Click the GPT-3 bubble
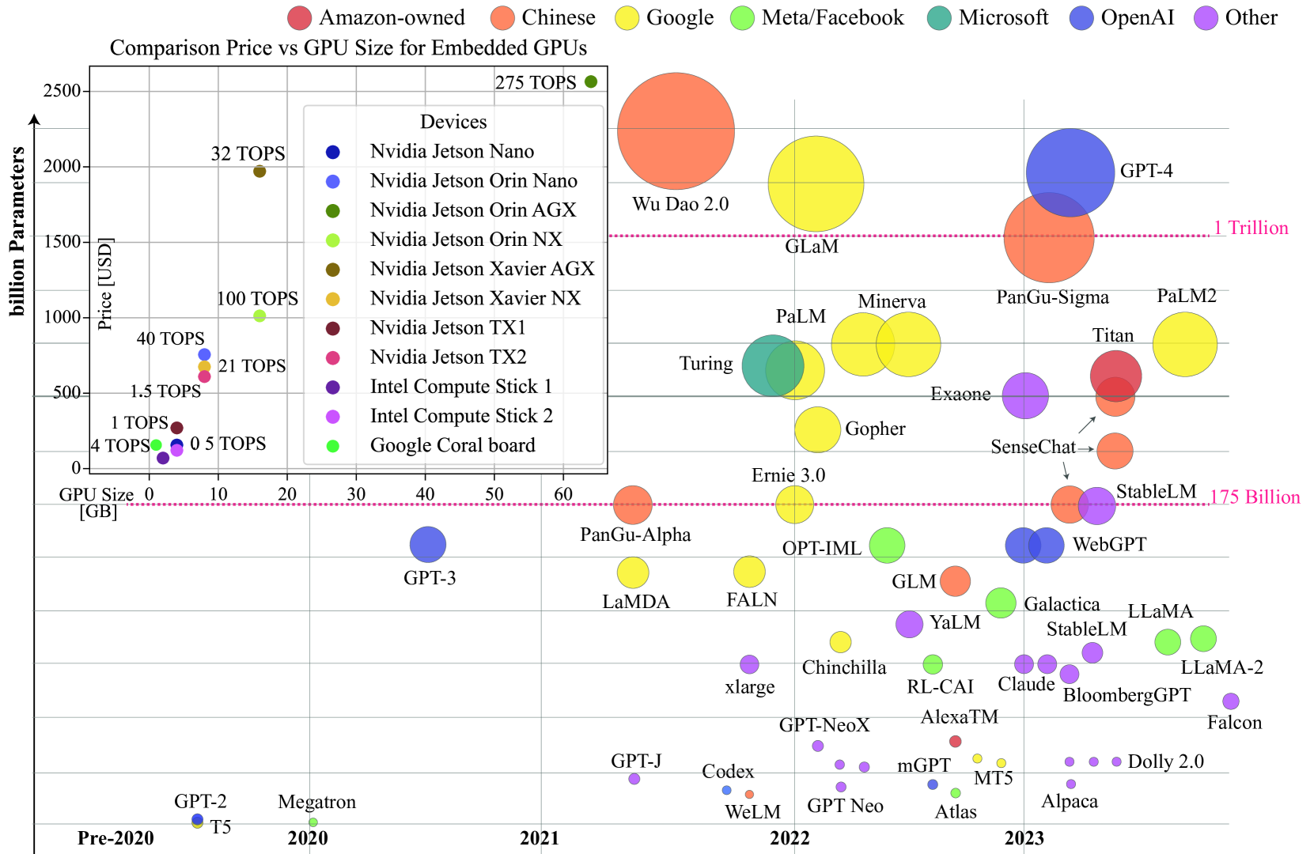[428, 544]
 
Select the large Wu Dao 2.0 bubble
[676, 130]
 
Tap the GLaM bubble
[816, 183]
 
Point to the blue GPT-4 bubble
[1070, 172]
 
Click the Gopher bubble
[817, 429]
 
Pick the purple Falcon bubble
[1230, 701]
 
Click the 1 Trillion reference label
[1251, 228]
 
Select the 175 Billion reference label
[1255, 497]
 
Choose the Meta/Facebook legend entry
[818, 17]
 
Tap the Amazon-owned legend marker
[299, 17]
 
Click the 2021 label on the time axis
[540, 838]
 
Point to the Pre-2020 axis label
[115, 838]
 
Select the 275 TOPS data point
[591, 81]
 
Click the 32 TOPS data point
[259, 171]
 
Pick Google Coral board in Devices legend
[453, 445]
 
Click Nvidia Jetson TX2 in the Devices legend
[448, 357]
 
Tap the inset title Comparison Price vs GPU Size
[348, 48]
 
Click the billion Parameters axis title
[17, 231]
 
